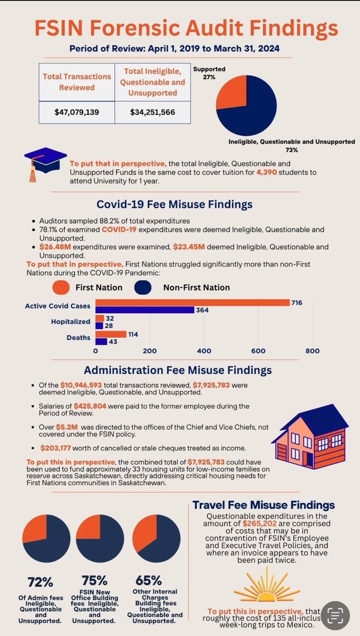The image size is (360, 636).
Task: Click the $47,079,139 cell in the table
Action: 77,113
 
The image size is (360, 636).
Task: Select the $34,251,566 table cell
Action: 153,113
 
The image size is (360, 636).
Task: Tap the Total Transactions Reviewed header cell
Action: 77,82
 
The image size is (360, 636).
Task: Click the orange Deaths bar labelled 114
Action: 110,334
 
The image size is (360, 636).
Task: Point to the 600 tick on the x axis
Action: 258,350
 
